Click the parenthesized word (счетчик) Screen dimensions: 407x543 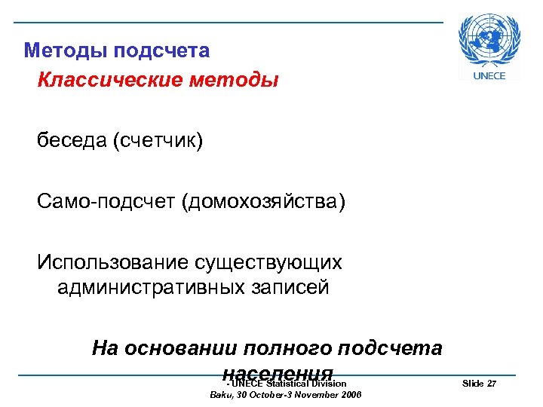click(158, 141)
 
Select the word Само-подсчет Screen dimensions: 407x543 click(106, 202)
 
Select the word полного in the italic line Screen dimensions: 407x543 click(290, 348)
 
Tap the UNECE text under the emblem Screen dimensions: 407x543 click(489, 75)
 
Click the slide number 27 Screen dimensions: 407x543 click(492, 384)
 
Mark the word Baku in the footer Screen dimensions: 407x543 click(219, 394)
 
